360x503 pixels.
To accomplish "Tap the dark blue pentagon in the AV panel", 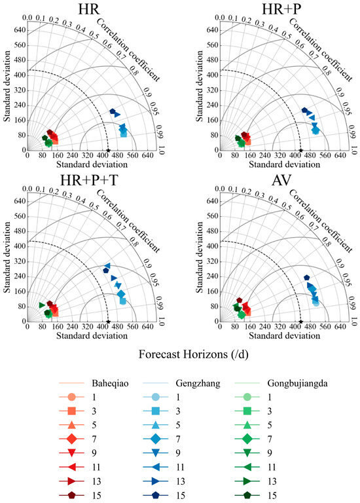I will [x=306, y=278].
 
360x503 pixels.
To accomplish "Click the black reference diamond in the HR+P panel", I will [x=300, y=150].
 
